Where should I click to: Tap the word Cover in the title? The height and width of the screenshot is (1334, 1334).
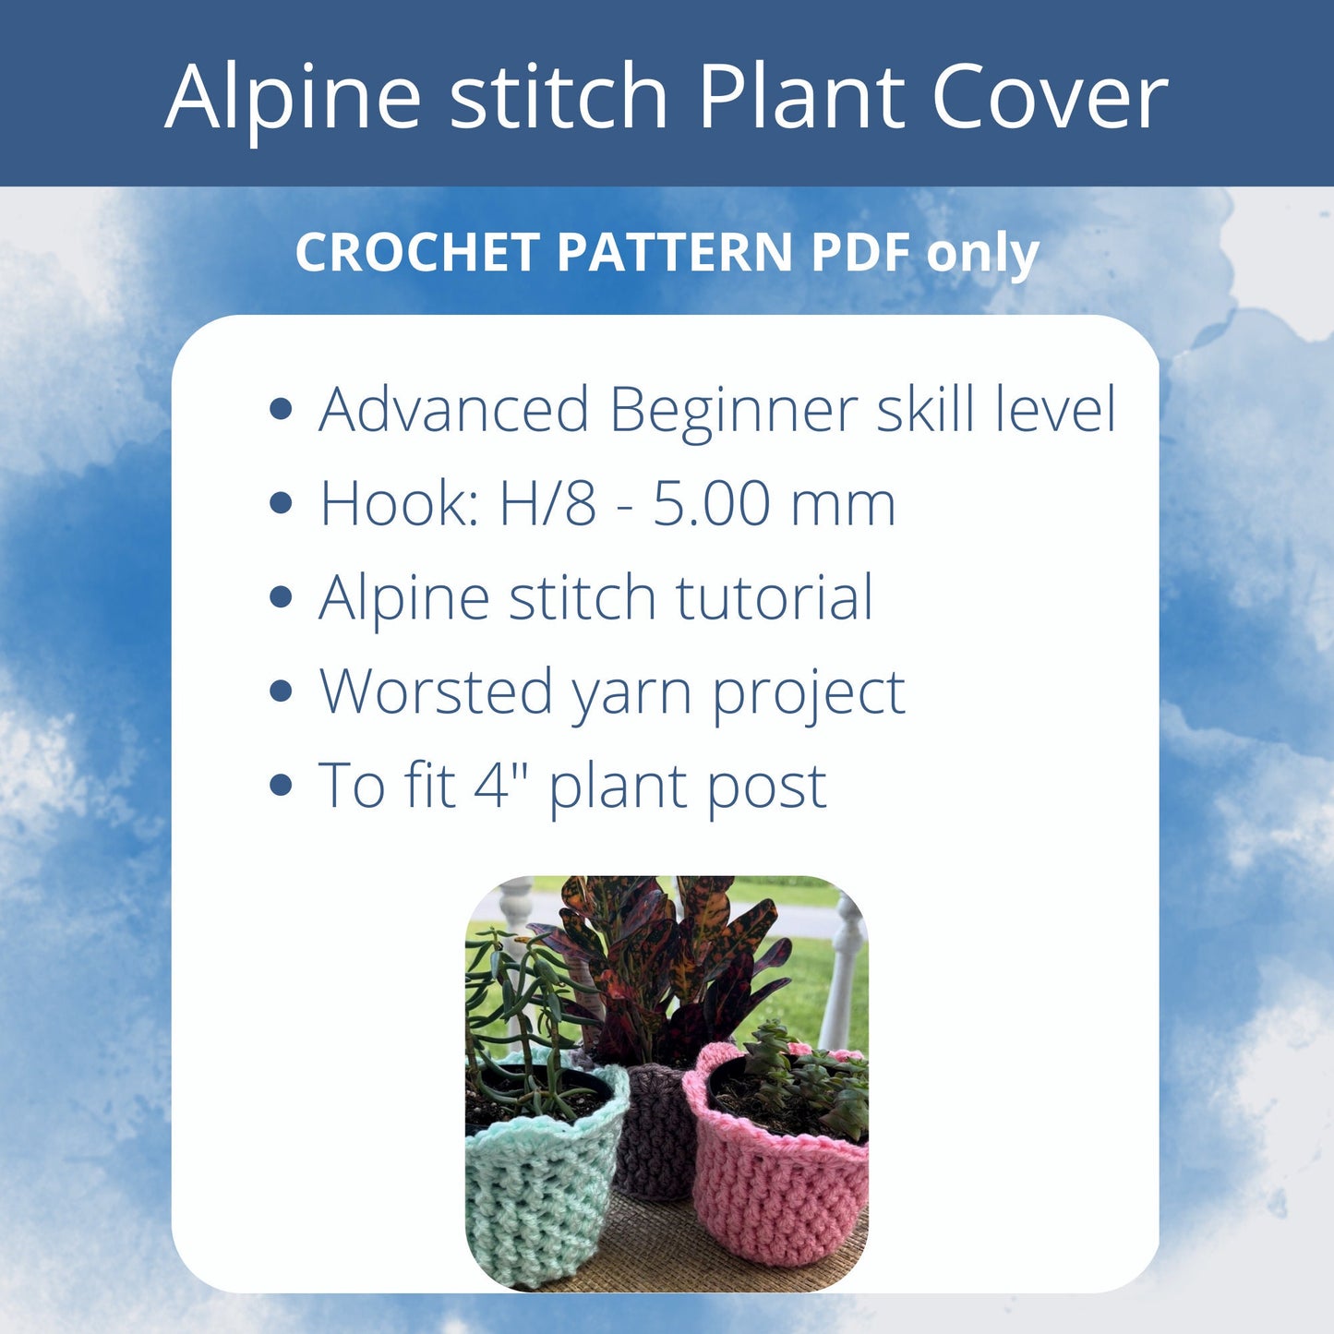pyautogui.click(x=1050, y=96)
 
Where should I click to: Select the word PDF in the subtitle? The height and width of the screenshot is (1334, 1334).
pyautogui.click(x=860, y=252)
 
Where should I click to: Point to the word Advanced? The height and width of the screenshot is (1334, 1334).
pyautogui.click(x=453, y=409)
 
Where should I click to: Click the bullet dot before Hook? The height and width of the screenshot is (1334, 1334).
pyautogui.click(x=281, y=503)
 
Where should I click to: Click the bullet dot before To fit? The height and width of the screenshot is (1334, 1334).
pyautogui.click(x=281, y=785)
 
